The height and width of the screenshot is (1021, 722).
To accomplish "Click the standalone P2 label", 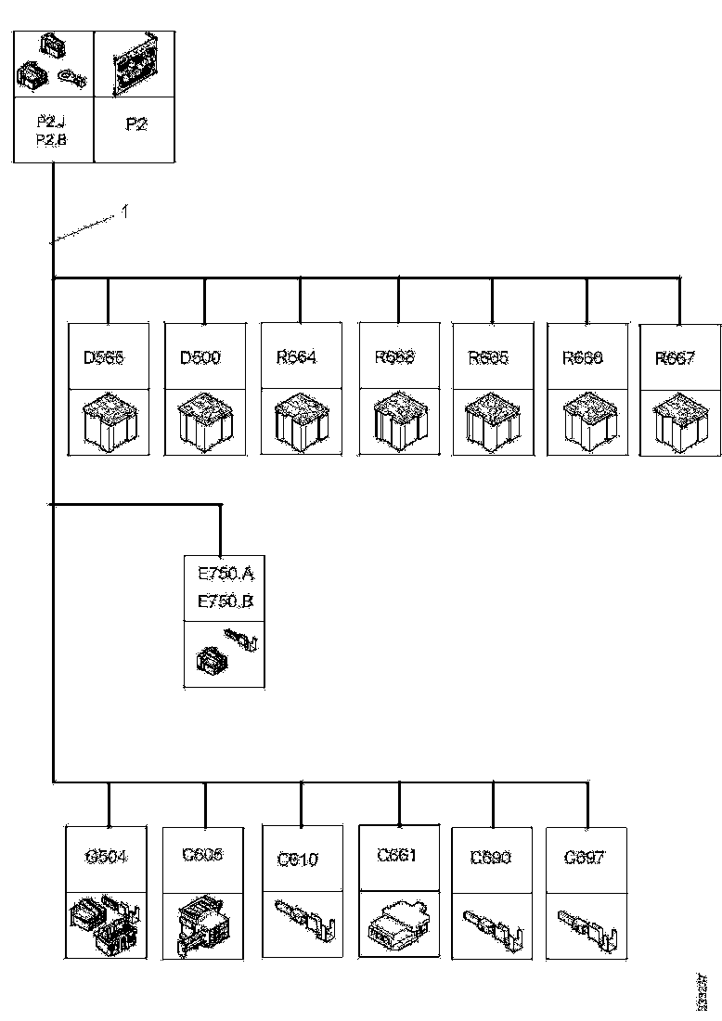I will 135,124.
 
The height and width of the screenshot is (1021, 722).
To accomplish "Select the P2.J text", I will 50,121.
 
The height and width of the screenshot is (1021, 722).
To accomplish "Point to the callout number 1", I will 123,213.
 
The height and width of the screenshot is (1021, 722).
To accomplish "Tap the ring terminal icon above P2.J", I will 71,78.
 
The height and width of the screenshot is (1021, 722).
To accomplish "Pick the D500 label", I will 200,357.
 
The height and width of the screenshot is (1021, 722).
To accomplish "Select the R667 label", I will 676,358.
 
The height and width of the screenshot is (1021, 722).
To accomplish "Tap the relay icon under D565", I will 110,423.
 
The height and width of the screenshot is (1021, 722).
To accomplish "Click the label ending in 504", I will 106,857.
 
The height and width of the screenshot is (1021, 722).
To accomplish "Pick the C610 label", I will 298,859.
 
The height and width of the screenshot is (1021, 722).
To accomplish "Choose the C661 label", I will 397,855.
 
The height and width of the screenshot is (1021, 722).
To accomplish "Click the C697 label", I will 585,858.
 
